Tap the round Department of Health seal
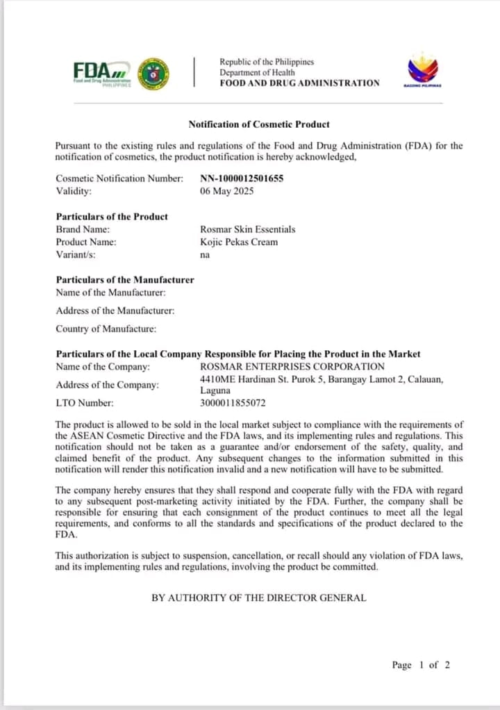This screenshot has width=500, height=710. [x=153, y=73]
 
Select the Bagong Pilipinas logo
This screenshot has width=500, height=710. [x=422, y=71]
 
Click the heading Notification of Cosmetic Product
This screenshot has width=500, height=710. [x=259, y=124]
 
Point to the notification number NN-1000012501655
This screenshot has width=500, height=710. [x=242, y=179]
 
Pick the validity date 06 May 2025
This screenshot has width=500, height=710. [x=226, y=191]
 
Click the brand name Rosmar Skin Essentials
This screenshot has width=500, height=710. [x=247, y=229]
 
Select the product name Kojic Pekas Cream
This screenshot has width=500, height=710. [x=238, y=242]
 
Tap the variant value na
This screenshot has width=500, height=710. [x=205, y=255]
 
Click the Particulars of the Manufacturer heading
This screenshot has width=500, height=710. [x=125, y=280]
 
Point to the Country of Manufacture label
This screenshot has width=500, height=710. [x=106, y=329]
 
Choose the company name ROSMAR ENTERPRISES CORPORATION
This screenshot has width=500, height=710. [x=292, y=366]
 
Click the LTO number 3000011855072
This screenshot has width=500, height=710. [x=233, y=403]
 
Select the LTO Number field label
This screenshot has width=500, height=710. [x=85, y=403]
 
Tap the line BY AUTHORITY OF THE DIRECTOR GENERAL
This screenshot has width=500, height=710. [x=259, y=597]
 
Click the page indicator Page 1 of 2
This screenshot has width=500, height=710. [x=421, y=665]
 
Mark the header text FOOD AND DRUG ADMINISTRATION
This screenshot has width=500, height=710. [x=299, y=83]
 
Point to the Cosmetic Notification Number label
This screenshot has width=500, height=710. [x=119, y=179]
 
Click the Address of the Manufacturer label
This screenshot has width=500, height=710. [x=115, y=311]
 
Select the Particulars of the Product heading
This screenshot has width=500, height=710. [x=112, y=217]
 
